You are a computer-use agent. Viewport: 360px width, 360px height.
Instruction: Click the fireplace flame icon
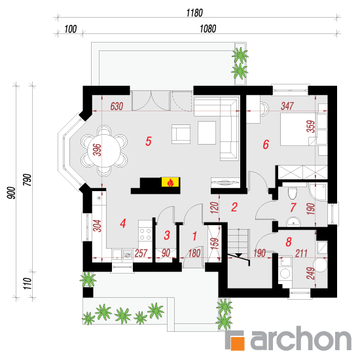pyautogui.click(x=170, y=183)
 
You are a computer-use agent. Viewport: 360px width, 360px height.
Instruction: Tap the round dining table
pyautogui.click(x=104, y=151)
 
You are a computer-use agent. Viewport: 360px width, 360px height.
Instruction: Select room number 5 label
pyautogui.click(x=149, y=141)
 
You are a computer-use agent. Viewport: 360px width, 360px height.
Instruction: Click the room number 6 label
pyautogui.click(x=266, y=145)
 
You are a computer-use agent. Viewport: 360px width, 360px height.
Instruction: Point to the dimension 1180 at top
pyautogui.click(x=194, y=13)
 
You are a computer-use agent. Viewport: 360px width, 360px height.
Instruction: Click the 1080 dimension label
pyautogui.click(x=207, y=29)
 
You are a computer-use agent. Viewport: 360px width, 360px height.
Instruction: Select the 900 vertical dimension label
pyautogui.click(x=12, y=193)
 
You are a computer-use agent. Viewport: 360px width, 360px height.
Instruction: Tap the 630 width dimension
pyautogui.click(x=117, y=106)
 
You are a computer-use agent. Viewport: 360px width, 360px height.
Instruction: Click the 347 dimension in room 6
pyautogui.click(x=287, y=106)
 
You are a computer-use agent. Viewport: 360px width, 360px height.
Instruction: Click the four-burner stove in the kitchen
pyautogui.click(x=145, y=234)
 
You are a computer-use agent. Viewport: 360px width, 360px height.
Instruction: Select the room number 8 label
pyautogui.click(x=289, y=242)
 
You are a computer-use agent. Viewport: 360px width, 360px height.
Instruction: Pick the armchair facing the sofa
pyautogui.click(x=181, y=134)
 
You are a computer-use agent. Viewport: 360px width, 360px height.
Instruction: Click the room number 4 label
pyautogui.click(x=123, y=223)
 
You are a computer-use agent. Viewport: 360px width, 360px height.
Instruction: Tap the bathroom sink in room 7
pyautogui.click(x=293, y=222)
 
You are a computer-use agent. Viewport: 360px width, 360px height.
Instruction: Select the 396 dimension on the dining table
pyautogui.click(x=98, y=150)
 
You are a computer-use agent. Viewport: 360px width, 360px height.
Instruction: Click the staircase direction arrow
pyautogui.click(x=238, y=255)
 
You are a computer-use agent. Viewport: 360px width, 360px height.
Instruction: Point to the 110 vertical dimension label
pyautogui.click(x=27, y=283)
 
